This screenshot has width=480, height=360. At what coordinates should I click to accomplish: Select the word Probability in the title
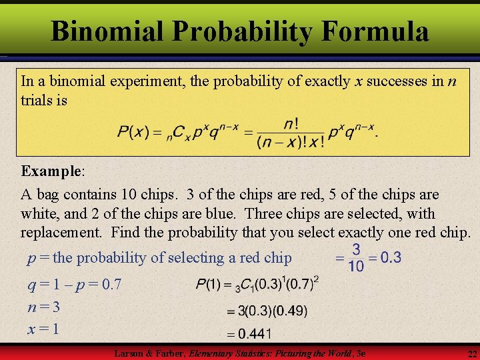(243, 31)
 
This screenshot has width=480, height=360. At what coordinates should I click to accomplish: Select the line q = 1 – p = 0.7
(75, 285)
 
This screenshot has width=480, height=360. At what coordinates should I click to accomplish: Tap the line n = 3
(44, 307)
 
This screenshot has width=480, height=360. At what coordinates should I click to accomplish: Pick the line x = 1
(43, 329)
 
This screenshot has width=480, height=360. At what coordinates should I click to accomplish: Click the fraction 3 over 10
(357, 257)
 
